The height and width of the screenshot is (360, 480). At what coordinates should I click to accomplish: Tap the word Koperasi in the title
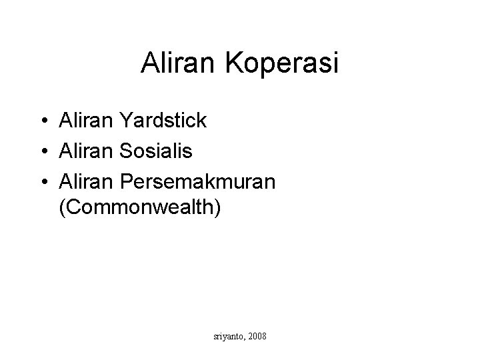283,64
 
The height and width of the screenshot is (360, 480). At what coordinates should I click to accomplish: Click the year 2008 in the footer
257,337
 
